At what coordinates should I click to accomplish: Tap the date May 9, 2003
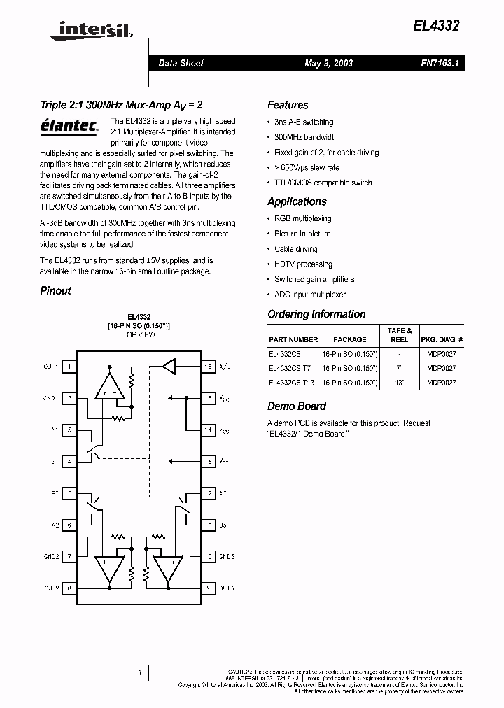point(328,63)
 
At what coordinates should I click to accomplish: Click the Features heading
point(288,105)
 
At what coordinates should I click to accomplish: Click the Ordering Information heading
point(316,314)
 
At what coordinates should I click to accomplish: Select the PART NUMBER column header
point(293,339)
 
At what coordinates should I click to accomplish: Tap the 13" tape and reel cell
point(400,383)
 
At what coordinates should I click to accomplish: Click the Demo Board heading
point(297,406)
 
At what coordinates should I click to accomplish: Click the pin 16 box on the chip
point(208,366)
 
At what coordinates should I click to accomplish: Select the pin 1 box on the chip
point(69,366)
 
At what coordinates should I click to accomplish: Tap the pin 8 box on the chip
point(69,588)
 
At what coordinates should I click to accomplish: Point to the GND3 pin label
point(225,557)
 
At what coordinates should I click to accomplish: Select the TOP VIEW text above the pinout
point(139,334)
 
